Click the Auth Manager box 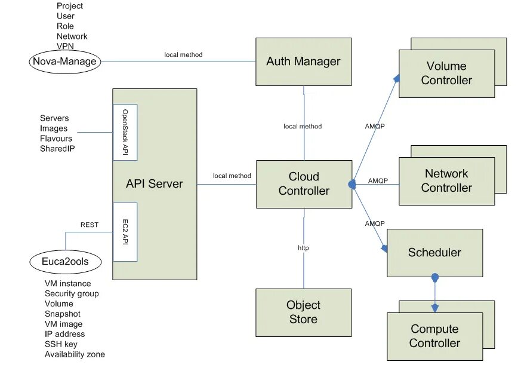point(303,62)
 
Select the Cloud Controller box point(304,184)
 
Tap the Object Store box point(303,312)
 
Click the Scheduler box point(434,253)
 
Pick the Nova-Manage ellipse point(64,61)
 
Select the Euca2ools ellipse point(65,262)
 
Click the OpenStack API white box point(125,132)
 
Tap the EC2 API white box point(125,232)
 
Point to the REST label point(89,225)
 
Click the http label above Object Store point(303,247)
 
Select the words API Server point(154,183)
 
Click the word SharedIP point(57,149)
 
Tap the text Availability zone point(75,355)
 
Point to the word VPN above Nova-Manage point(65,46)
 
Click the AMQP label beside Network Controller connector point(378,180)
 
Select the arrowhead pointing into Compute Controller point(435,308)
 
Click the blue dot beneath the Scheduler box point(435,278)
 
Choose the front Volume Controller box point(446,73)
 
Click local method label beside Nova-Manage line point(183,55)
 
